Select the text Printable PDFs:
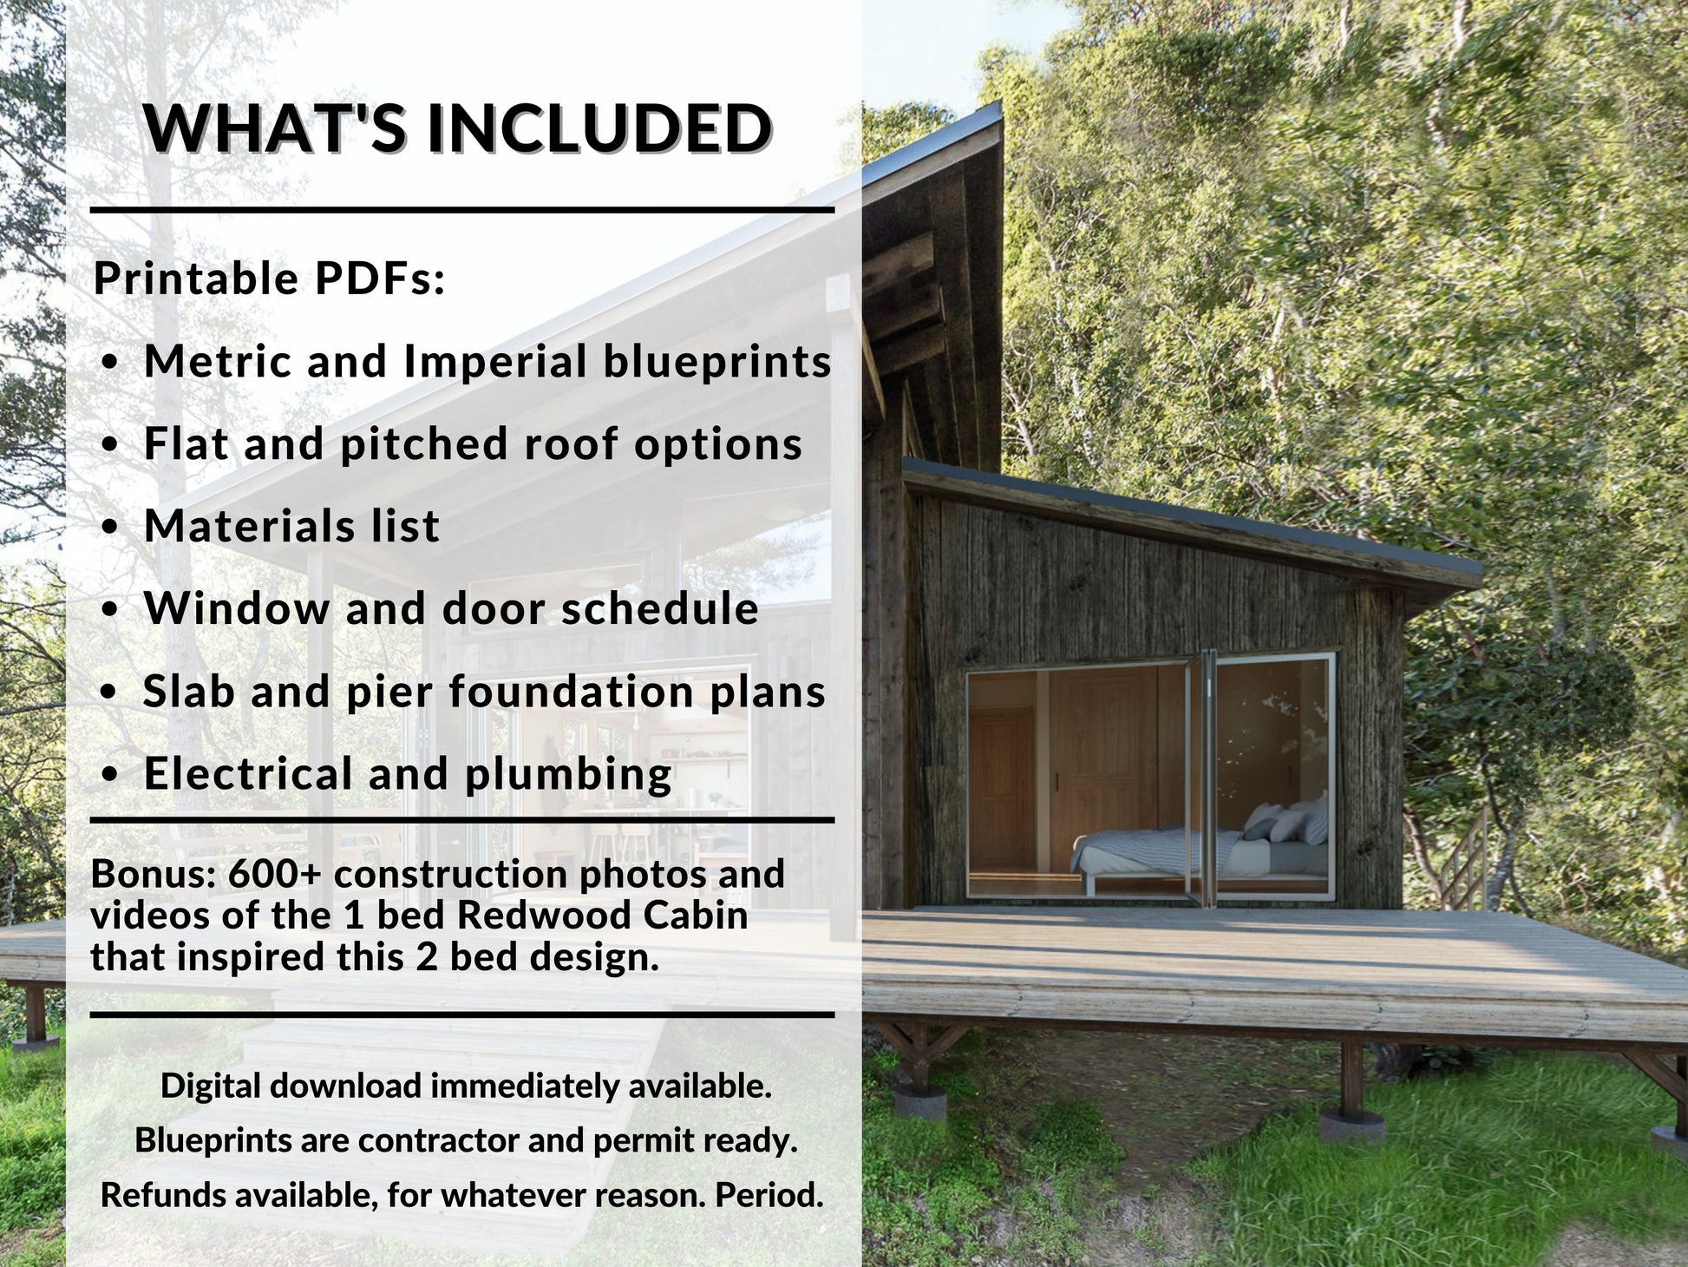[x=269, y=279]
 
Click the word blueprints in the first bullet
[x=716, y=361]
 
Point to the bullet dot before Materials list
[x=109, y=528]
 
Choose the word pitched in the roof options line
[x=422, y=444]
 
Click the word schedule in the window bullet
[x=659, y=608]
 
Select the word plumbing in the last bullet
[x=568, y=774]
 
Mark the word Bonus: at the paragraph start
[x=154, y=874]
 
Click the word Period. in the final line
[x=769, y=1195]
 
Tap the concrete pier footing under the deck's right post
[x=1351, y=1126]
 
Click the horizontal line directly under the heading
[x=461, y=210]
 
